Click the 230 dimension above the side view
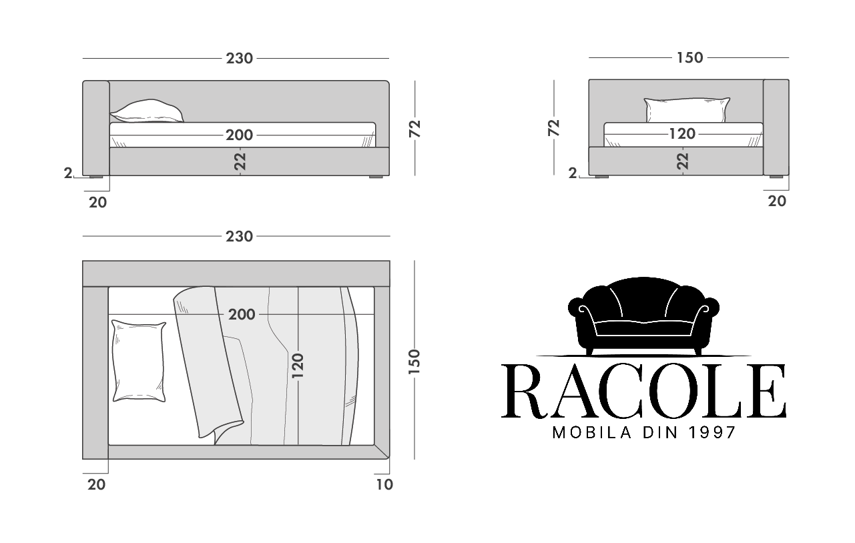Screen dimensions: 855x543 click(240, 59)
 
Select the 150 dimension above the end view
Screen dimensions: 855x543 click(689, 57)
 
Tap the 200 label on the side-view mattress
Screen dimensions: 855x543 click(240, 135)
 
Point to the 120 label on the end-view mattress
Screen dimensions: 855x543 click(682, 134)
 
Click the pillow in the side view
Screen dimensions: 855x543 click(148, 111)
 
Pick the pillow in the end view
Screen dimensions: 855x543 click(687, 110)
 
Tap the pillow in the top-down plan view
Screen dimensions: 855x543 click(139, 361)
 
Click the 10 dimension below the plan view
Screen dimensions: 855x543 click(384, 484)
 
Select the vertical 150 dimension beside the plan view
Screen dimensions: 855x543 click(414, 362)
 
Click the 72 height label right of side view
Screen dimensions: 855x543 click(414, 129)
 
